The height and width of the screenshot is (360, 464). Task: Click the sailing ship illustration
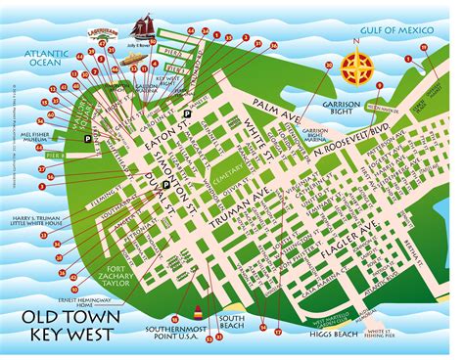[144, 26]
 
